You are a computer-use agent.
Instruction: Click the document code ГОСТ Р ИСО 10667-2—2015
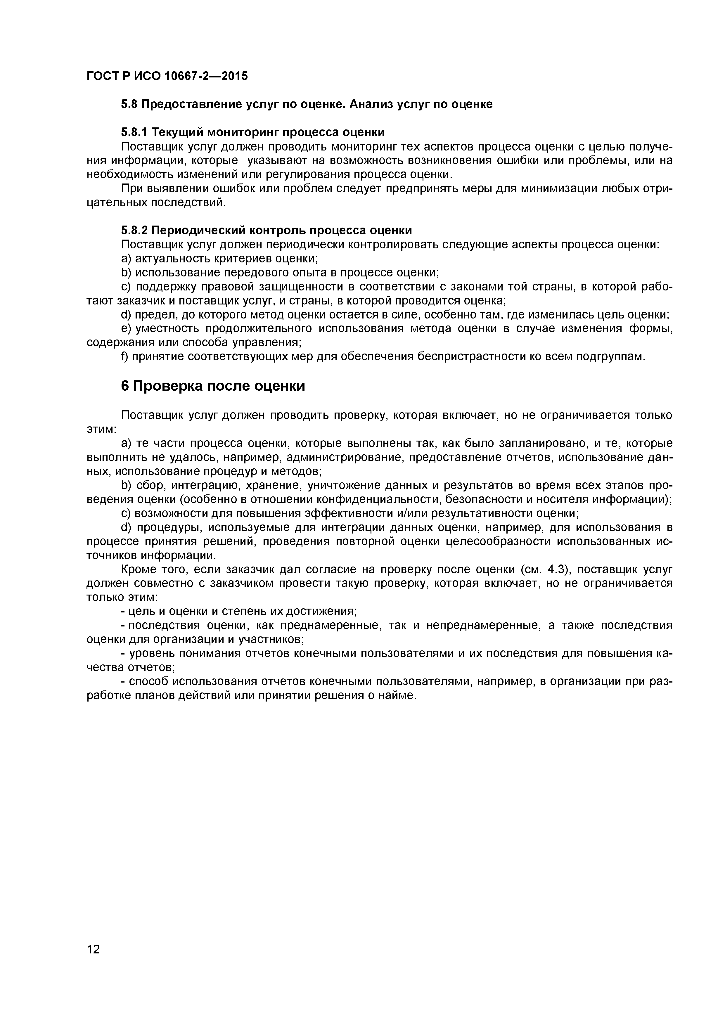click(167, 76)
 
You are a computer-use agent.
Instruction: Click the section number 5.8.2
click(134, 230)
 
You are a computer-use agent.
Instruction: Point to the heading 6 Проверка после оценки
click(213, 386)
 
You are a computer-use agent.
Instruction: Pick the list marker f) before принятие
click(124, 357)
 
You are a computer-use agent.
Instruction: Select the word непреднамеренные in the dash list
click(482, 626)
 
